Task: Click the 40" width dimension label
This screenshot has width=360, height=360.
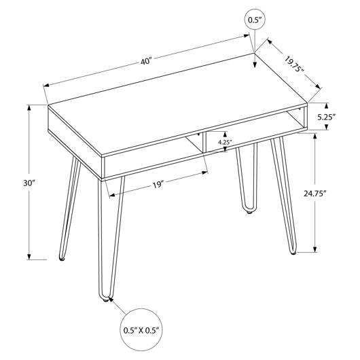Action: click(147, 62)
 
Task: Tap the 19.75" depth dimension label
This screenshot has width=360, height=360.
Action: click(295, 64)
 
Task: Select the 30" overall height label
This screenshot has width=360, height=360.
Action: click(29, 183)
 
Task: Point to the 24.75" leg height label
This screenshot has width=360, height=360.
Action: click(315, 194)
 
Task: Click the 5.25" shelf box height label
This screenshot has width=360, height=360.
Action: click(327, 118)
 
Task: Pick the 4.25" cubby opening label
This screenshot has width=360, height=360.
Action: click(223, 142)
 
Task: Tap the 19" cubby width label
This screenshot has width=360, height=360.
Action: click(158, 185)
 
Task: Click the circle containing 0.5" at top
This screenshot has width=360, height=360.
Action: click(255, 20)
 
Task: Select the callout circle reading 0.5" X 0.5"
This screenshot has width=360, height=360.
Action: click(141, 330)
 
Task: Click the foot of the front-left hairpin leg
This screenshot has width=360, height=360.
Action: click(105, 300)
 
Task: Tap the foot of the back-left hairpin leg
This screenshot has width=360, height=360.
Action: click(62, 259)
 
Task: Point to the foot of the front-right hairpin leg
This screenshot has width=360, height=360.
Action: click(293, 253)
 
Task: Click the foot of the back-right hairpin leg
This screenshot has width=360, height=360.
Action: click(249, 212)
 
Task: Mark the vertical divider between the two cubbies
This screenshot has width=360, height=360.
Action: click(203, 143)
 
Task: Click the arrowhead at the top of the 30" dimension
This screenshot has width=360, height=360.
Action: click(29, 108)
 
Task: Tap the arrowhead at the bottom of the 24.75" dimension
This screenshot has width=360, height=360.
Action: click(315, 249)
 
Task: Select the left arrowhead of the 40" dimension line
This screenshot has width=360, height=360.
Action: click(46, 86)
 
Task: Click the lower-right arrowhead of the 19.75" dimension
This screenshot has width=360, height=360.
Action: click(318, 86)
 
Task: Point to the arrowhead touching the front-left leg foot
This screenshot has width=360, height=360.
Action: click(111, 299)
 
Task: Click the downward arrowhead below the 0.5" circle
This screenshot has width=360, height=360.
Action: click(255, 65)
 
